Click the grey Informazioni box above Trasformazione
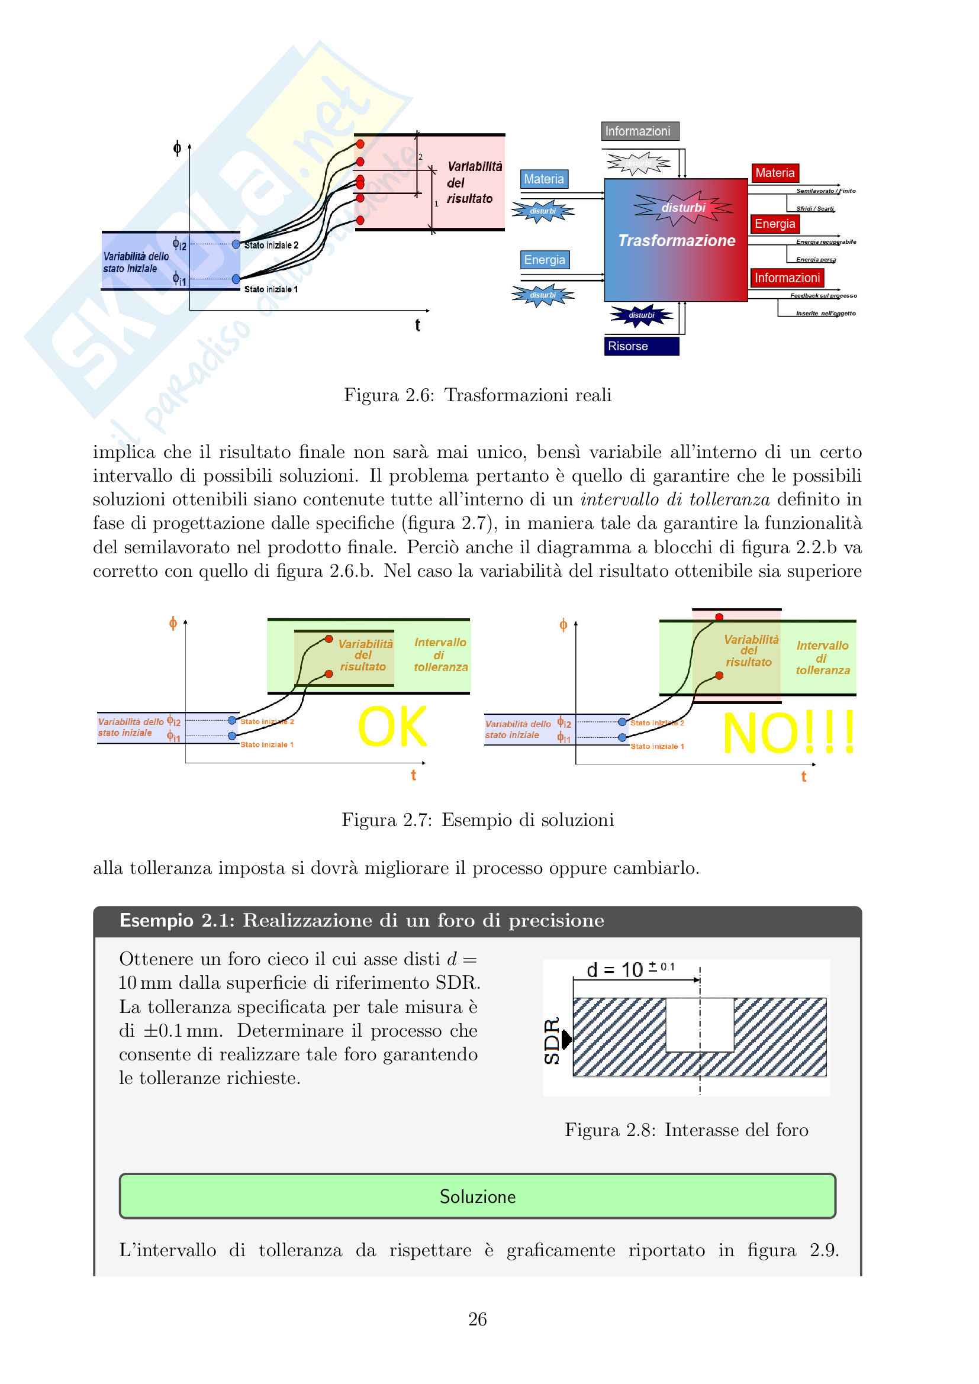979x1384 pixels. pyautogui.click(x=640, y=131)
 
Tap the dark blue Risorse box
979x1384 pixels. pyautogui.click(x=642, y=346)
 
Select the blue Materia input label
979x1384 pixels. pyautogui.click(x=544, y=179)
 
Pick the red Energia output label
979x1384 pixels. pyautogui.click(x=775, y=224)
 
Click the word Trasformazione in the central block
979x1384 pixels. pyautogui.click(x=677, y=241)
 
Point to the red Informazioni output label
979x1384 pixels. pyautogui.click(x=787, y=278)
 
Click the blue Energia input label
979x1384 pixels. pyautogui.click(x=545, y=260)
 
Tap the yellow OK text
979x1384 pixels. pyautogui.click(x=392, y=727)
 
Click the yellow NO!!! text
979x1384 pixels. pyautogui.click(x=788, y=733)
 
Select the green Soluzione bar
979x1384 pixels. pyautogui.click(x=477, y=1196)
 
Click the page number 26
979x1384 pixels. pyautogui.click(x=478, y=1320)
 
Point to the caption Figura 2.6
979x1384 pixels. pyautogui.click(x=478, y=395)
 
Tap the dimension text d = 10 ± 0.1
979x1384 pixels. pyautogui.click(x=630, y=970)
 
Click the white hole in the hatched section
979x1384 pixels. pyautogui.click(x=699, y=1025)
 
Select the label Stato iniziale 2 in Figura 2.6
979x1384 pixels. pyautogui.click(x=270, y=246)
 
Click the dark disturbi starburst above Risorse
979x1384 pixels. pyautogui.click(x=641, y=315)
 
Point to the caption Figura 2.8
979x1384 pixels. pyautogui.click(x=686, y=1130)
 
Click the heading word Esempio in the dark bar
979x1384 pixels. pyautogui.click(x=156, y=921)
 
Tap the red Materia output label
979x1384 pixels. pyautogui.click(x=775, y=173)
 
